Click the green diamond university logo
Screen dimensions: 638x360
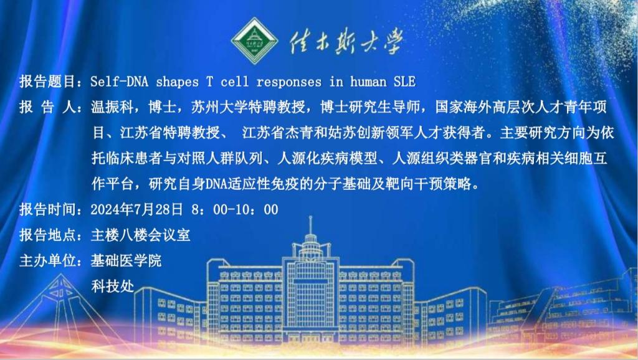tap(255, 40)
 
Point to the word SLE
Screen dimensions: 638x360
tap(404, 82)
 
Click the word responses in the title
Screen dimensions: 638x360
tap(289, 82)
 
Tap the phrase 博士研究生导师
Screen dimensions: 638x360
tap(370, 107)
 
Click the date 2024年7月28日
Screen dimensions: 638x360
tap(136, 209)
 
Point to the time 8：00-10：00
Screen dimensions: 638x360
tap(235, 209)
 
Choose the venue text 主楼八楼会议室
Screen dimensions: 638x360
tap(140, 235)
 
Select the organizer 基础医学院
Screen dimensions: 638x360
tap(126, 261)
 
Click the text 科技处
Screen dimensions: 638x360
tap(112, 286)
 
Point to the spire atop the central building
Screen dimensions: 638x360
tap(310, 225)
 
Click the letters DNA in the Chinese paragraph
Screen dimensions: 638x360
tap(217, 184)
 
